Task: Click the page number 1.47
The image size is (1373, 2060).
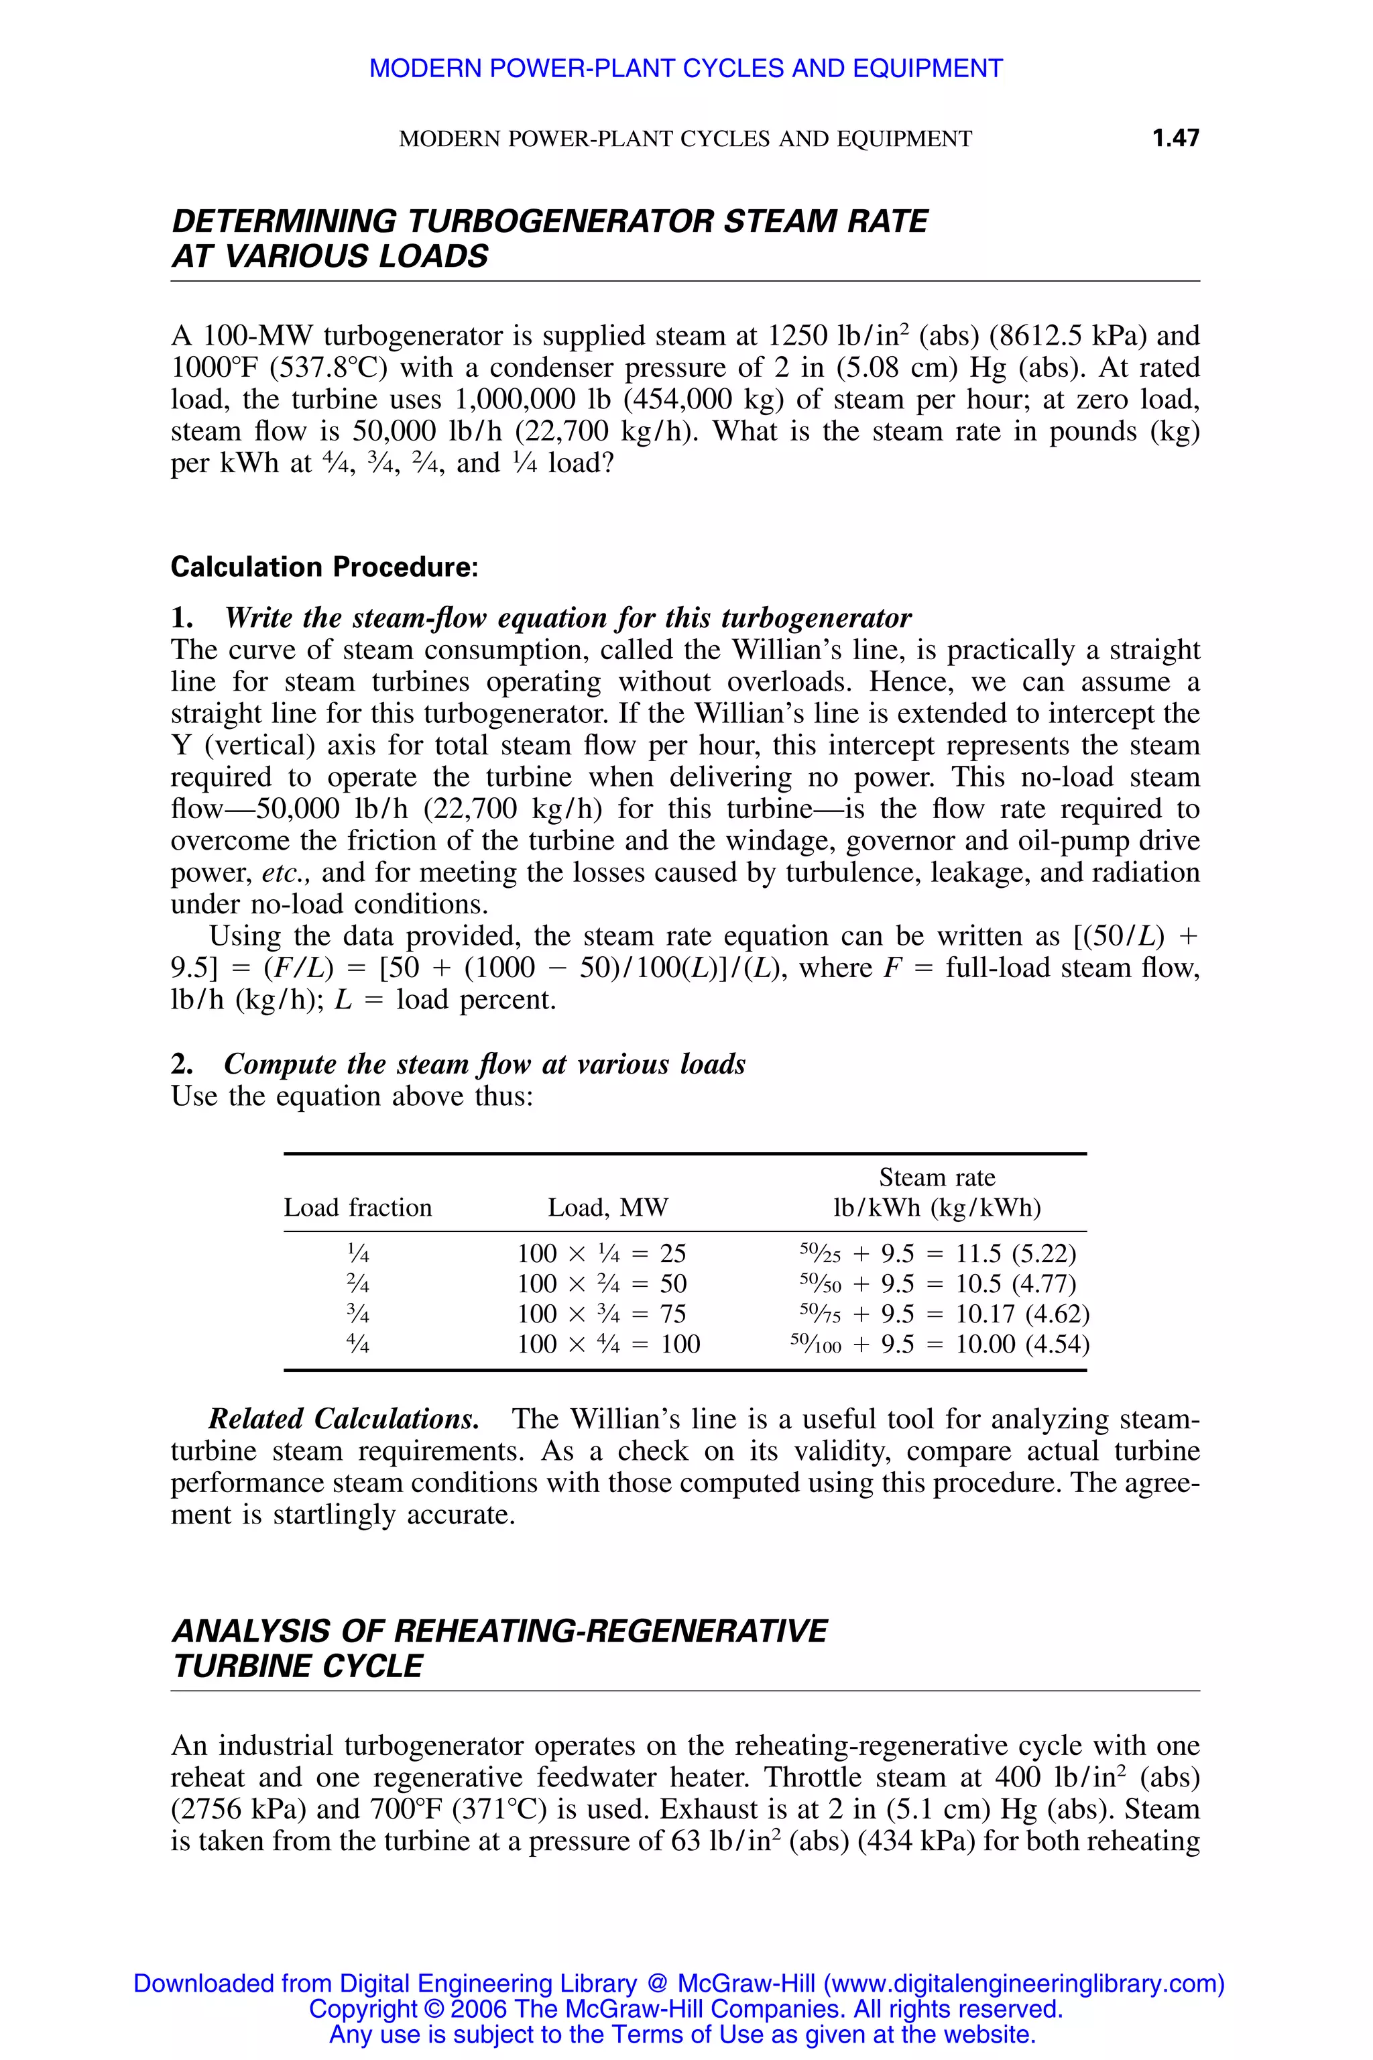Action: coord(1175,137)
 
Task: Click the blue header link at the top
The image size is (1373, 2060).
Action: coord(686,68)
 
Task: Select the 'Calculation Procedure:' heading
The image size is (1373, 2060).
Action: coord(324,567)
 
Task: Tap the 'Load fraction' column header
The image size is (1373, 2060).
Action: coord(357,1208)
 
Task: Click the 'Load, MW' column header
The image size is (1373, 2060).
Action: coord(607,1208)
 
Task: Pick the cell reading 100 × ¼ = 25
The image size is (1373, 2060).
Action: coord(601,1253)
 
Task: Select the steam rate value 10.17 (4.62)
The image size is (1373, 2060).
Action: coord(1022,1314)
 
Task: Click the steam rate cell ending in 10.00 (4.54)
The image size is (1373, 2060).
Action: coord(1022,1344)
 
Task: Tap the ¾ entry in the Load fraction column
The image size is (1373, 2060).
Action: coord(357,1314)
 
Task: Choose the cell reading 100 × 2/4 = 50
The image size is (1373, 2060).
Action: coord(601,1284)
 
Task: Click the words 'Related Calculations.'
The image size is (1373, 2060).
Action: coord(343,1419)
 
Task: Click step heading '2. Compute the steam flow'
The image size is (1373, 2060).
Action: coord(458,1064)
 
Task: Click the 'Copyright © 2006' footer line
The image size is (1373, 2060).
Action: coord(686,2009)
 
